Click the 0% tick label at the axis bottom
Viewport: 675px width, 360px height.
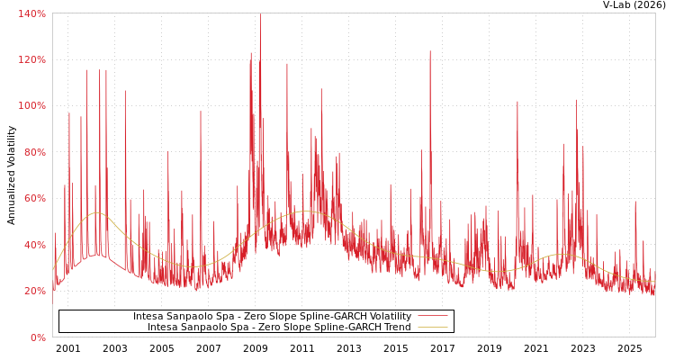coord(37,337)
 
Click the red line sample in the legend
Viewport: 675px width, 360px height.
coord(432,316)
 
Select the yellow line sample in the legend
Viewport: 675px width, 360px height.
coord(432,327)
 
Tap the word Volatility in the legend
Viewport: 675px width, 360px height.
coord(389,316)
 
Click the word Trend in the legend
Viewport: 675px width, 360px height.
coord(396,327)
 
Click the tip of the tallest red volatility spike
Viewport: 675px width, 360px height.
coord(260,14)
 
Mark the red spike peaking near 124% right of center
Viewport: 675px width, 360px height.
coord(430,51)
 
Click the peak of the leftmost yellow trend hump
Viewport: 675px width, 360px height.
coord(95,213)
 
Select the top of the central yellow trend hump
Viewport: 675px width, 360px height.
coord(303,211)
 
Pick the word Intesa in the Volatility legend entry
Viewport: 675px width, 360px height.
coord(148,316)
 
